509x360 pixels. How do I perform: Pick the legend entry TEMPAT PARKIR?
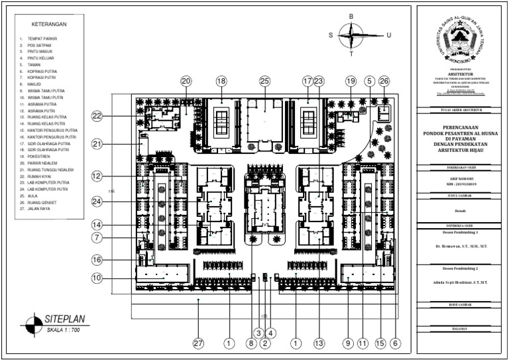tap(42, 39)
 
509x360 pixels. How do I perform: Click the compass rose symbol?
tap(351, 35)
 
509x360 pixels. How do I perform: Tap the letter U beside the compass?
tap(389, 36)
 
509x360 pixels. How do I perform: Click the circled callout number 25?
tap(265, 81)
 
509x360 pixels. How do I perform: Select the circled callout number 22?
tap(97, 116)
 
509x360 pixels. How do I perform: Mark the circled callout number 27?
tap(198, 343)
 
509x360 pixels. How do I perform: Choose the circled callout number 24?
tap(97, 202)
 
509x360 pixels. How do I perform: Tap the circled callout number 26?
tap(384, 81)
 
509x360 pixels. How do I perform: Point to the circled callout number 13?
tap(319, 343)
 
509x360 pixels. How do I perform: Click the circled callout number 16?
tap(97, 260)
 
